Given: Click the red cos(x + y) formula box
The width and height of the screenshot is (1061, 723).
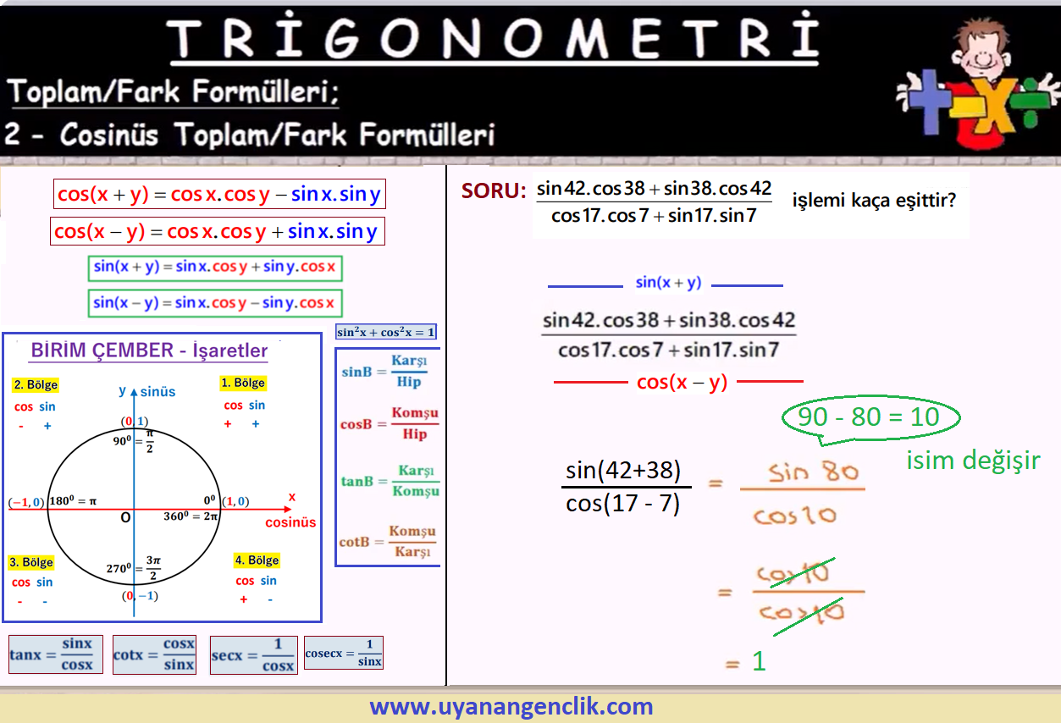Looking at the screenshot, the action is click(x=219, y=194).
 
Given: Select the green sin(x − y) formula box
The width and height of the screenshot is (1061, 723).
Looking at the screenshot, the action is click(x=215, y=303).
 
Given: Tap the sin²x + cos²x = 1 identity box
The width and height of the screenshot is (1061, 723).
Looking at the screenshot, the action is click(x=385, y=332).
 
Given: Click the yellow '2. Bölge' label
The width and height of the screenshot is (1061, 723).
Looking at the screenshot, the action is click(x=36, y=384).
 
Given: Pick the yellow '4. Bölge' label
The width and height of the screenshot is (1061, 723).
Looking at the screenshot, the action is click(x=257, y=560).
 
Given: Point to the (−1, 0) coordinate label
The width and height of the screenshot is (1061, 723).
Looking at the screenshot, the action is click(x=26, y=502).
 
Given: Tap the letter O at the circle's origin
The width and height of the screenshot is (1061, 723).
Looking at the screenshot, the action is click(x=125, y=517).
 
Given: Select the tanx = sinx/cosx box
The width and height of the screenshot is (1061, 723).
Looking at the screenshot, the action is click(x=55, y=654).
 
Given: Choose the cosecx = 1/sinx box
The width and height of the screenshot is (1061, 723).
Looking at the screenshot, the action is click(x=344, y=653).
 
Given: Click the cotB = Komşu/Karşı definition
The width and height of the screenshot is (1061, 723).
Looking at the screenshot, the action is click(x=387, y=541).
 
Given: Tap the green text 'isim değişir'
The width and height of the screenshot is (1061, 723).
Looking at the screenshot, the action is click(x=973, y=461).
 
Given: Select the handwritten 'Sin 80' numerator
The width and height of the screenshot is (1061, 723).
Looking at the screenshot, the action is click(x=813, y=472).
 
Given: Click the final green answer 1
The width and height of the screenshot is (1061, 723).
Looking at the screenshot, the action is click(x=759, y=661).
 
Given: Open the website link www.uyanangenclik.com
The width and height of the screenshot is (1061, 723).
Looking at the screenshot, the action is click(x=511, y=706).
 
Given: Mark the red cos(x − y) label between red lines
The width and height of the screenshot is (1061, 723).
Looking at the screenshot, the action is click(x=682, y=382).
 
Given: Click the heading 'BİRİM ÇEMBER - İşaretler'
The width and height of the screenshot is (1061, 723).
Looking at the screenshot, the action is click(x=149, y=350).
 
